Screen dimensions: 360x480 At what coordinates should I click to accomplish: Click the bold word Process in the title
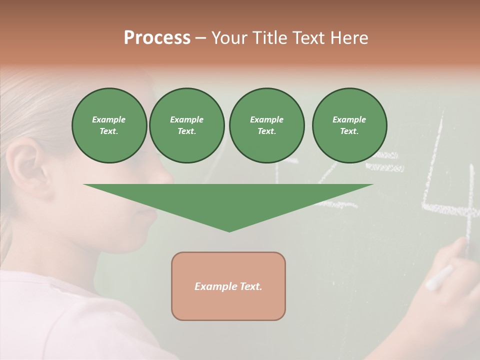(x=157, y=37)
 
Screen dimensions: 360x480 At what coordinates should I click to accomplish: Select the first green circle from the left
(x=109, y=125)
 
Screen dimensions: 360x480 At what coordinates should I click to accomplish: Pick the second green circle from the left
(x=187, y=125)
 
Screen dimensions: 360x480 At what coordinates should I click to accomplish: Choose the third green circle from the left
(x=266, y=125)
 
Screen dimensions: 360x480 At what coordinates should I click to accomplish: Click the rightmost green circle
(x=349, y=125)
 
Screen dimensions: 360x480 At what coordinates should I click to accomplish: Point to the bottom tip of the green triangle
(x=229, y=231)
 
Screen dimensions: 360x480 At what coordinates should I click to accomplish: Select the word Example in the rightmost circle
(x=349, y=119)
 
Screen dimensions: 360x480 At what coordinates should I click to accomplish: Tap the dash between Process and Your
(x=201, y=38)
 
